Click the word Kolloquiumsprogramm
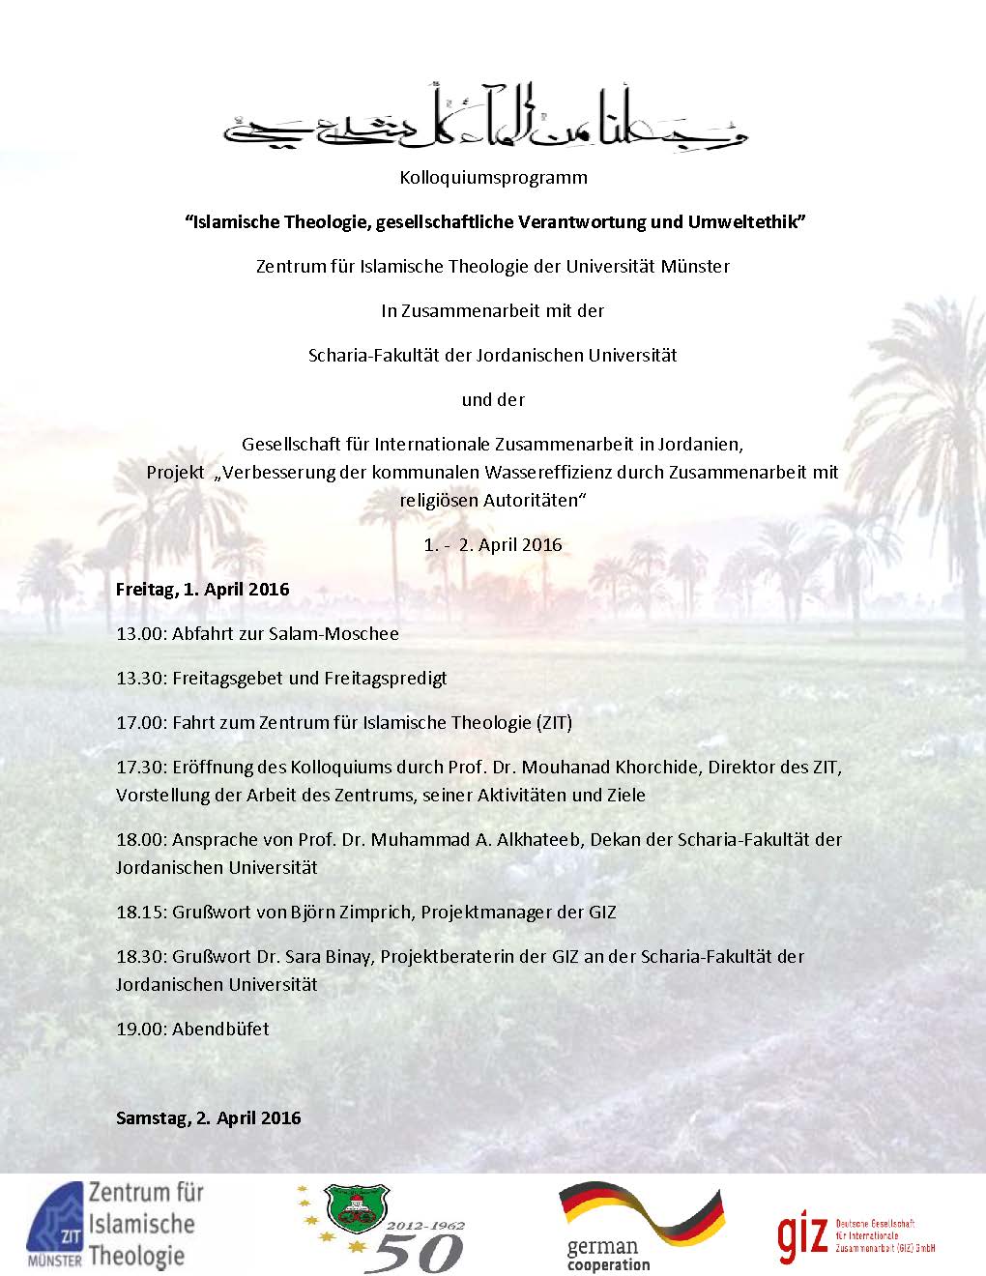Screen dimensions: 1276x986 (493, 178)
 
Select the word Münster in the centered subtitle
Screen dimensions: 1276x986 (695, 266)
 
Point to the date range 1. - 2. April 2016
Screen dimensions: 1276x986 (493, 544)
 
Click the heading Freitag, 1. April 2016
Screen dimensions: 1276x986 (202, 589)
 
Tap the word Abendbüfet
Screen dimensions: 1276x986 (220, 1029)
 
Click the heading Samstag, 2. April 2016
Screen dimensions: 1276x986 (208, 1118)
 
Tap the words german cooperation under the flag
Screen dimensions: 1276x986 (608, 1256)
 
